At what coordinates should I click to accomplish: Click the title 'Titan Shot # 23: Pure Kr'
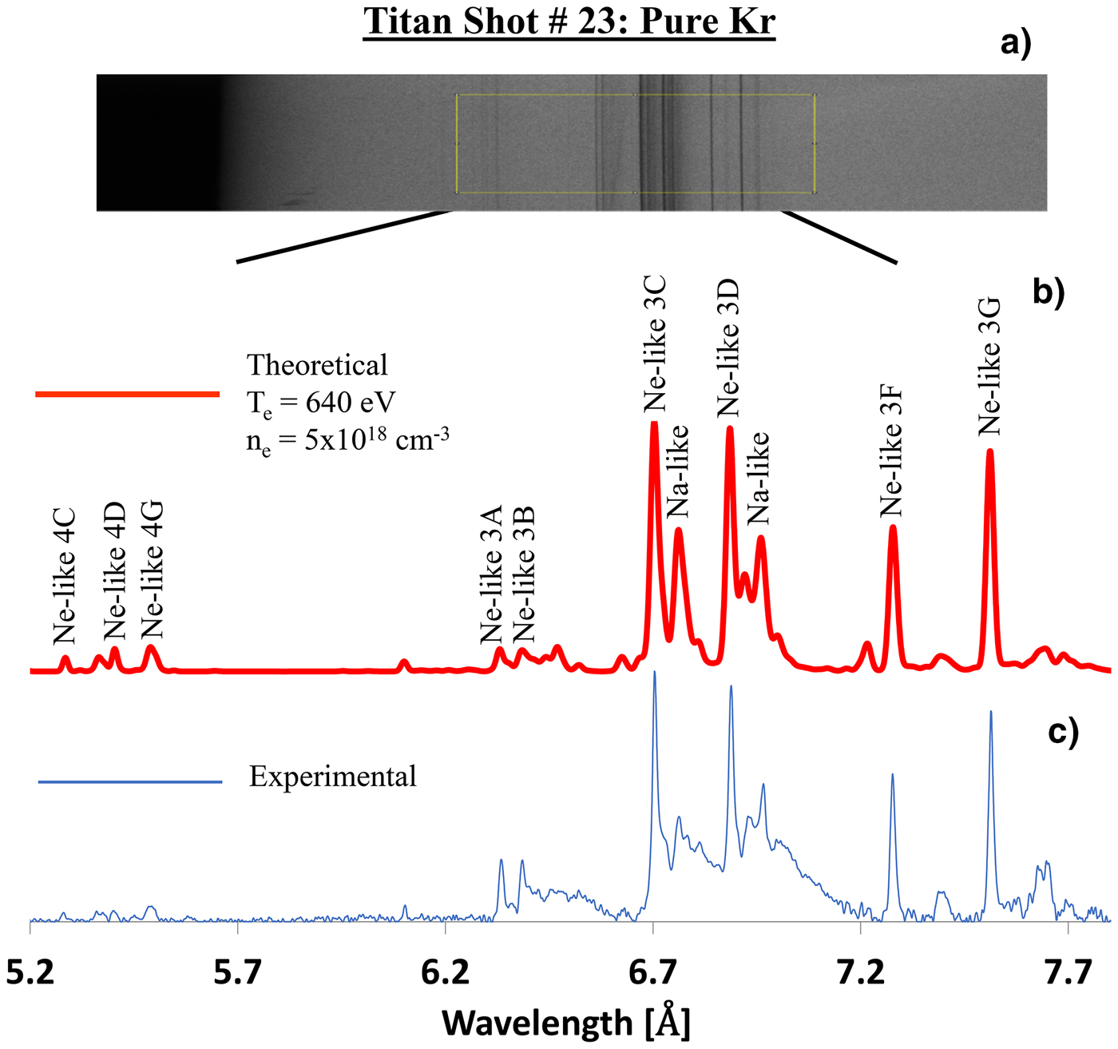pos(569,22)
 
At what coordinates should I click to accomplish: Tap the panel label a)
pos(1016,42)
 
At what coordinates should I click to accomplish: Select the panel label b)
pos(1049,292)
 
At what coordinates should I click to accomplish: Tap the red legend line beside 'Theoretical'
pos(128,394)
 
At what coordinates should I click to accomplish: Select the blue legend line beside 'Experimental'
pos(130,781)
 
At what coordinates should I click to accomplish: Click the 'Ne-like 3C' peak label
pos(655,344)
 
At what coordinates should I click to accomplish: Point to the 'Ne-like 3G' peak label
pos(989,367)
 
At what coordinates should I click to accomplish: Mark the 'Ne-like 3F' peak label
pos(891,451)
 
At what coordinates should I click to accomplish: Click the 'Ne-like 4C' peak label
pos(64,575)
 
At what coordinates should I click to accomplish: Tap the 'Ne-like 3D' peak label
pos(728,348)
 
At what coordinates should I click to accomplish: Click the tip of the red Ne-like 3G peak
pos(990,451)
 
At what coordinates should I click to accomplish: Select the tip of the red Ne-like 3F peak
pos(893,527)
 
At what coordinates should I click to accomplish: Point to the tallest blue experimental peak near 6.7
pos(655,673)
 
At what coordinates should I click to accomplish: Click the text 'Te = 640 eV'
pos(321,403)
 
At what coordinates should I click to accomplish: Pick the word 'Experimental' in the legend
pos(333,777)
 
